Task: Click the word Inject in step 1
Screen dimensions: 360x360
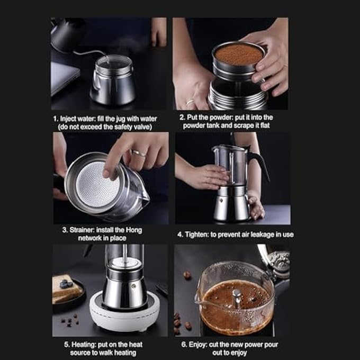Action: [69, 119]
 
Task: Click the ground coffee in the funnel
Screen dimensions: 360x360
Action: [238, 54]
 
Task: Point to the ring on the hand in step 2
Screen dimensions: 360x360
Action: [190, 103]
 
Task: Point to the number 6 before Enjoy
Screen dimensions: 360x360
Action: [184, 345]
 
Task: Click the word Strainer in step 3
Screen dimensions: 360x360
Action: [77, 230]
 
